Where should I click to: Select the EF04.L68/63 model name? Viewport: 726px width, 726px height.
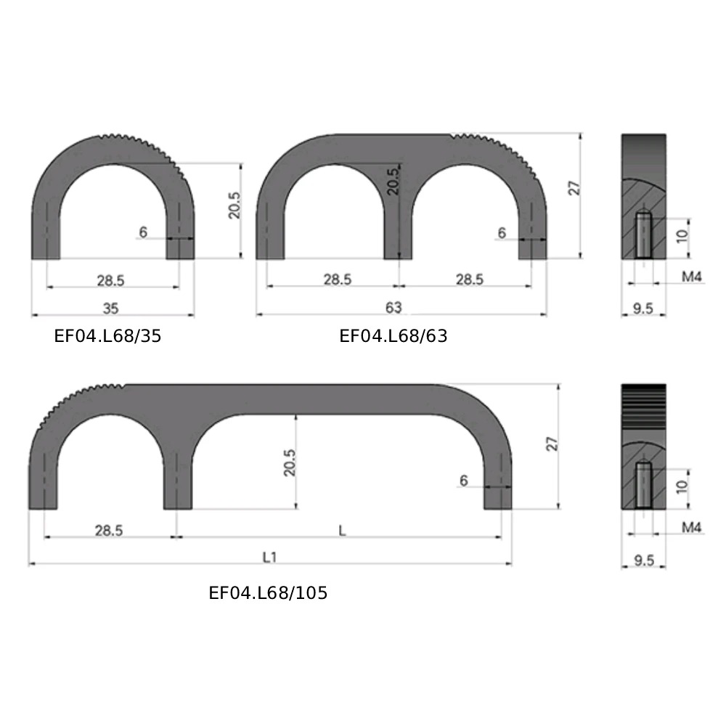point(393,336)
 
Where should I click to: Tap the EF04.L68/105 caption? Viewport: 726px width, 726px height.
point(268,593)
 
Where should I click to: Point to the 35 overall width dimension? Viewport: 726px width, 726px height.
point(110,308)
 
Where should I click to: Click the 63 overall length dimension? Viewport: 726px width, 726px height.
point(393,308)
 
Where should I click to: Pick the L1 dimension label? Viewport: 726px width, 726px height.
point(269,558)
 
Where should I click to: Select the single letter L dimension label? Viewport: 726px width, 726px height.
point(341,531)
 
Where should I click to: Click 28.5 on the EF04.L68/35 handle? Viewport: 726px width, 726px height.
point(111,280)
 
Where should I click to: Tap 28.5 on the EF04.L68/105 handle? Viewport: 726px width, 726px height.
point(108,531)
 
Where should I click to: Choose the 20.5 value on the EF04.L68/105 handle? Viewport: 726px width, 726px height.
point(290,462)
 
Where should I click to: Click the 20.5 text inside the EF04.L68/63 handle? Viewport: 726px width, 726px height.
point(392,181)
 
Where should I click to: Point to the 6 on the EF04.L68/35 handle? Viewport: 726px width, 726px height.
point(143,232)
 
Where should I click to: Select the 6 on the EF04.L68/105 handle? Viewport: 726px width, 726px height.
point(463,481)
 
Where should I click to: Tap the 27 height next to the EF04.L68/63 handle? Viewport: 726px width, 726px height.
point(574,187)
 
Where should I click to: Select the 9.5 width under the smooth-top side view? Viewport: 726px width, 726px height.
point(643,309)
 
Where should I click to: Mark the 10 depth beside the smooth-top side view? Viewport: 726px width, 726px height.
point(681,236)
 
